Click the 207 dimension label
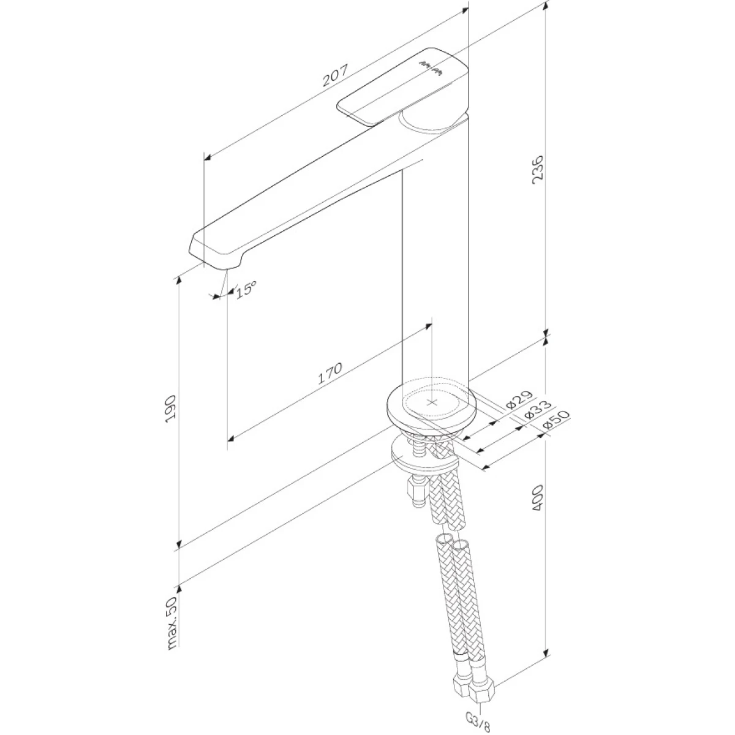(336, 75)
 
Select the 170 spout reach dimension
(330, 373)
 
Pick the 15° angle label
(246, 289)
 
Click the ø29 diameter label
(519, 400)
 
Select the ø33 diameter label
(537, 410)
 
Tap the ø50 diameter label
(556, 420)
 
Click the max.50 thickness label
(172, 622)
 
